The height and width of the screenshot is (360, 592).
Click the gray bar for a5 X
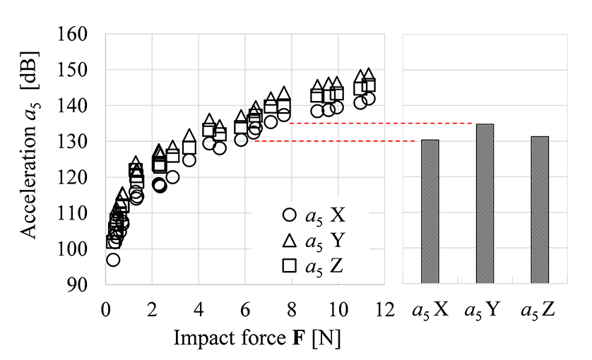pyautogui.click(x=430, y=212)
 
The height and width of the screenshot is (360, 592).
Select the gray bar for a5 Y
pyautogui.click(x=485, y=204)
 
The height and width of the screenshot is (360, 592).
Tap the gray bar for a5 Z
pyautogui.click(x=539, y=210)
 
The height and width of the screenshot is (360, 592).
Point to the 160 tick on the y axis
pyautogui.click(x=84, y=35)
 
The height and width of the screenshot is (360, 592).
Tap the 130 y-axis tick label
pyautogui.click(x=84, y=142)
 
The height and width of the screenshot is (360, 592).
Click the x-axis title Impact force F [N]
pyautogui.click(x=257, y=338)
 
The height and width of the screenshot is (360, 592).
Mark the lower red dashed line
pyautogui.click(x=332, y=141)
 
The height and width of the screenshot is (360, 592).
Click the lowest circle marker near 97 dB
pyautogui.click(x=113, y=260)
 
